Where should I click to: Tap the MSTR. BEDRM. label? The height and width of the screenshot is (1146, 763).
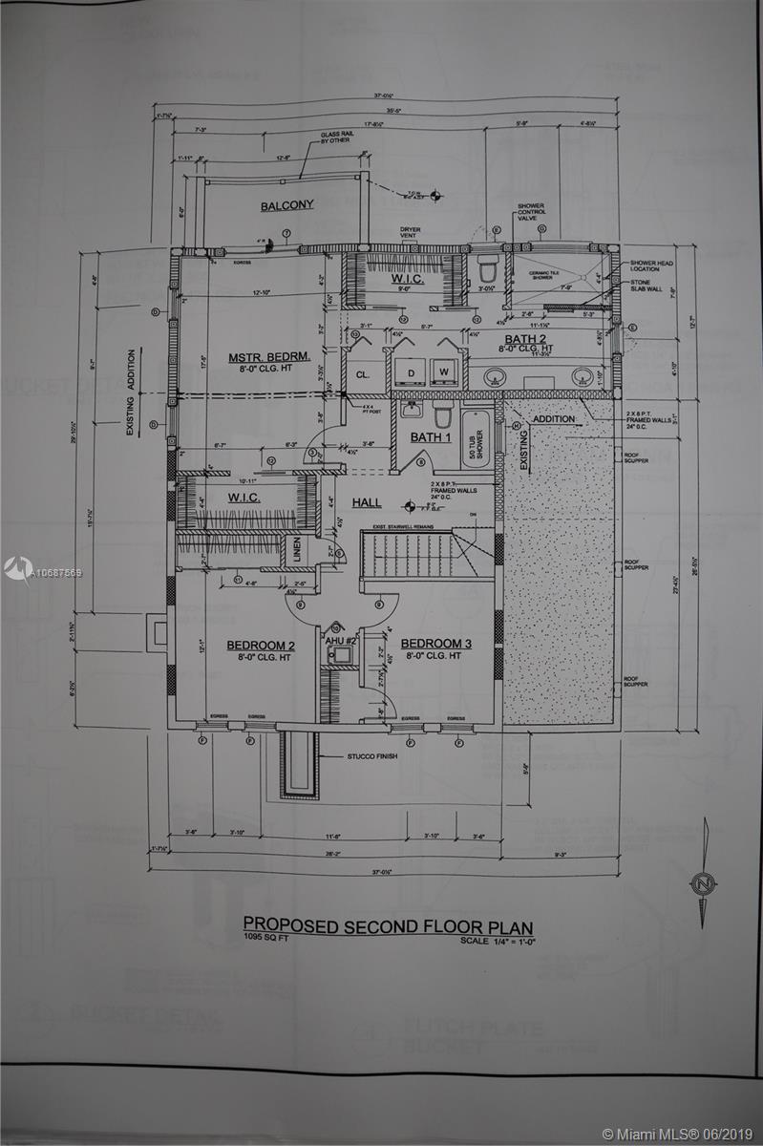[x=270, y=358]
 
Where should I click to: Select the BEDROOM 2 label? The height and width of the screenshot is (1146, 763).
[x=260, y=646]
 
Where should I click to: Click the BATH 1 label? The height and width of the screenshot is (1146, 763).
[x=431, y=437]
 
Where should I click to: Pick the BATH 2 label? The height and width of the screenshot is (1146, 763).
[x=525, y=339]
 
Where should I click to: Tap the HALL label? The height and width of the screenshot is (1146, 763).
[x=367, y=502]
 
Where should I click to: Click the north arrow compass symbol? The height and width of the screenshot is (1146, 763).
[x=704, y=882]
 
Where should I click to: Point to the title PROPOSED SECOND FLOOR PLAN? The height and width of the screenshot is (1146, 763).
[x=388, y=925]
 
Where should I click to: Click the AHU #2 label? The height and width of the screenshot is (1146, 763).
[x=341, y=640]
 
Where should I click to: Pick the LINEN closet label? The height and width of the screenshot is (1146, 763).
[x=296, y=551]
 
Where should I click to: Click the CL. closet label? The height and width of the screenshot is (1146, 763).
[x=363, y=375]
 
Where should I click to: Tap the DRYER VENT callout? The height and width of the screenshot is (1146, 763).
[x=411, y=234]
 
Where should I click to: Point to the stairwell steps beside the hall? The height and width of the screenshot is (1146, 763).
[x=406, y=553]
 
